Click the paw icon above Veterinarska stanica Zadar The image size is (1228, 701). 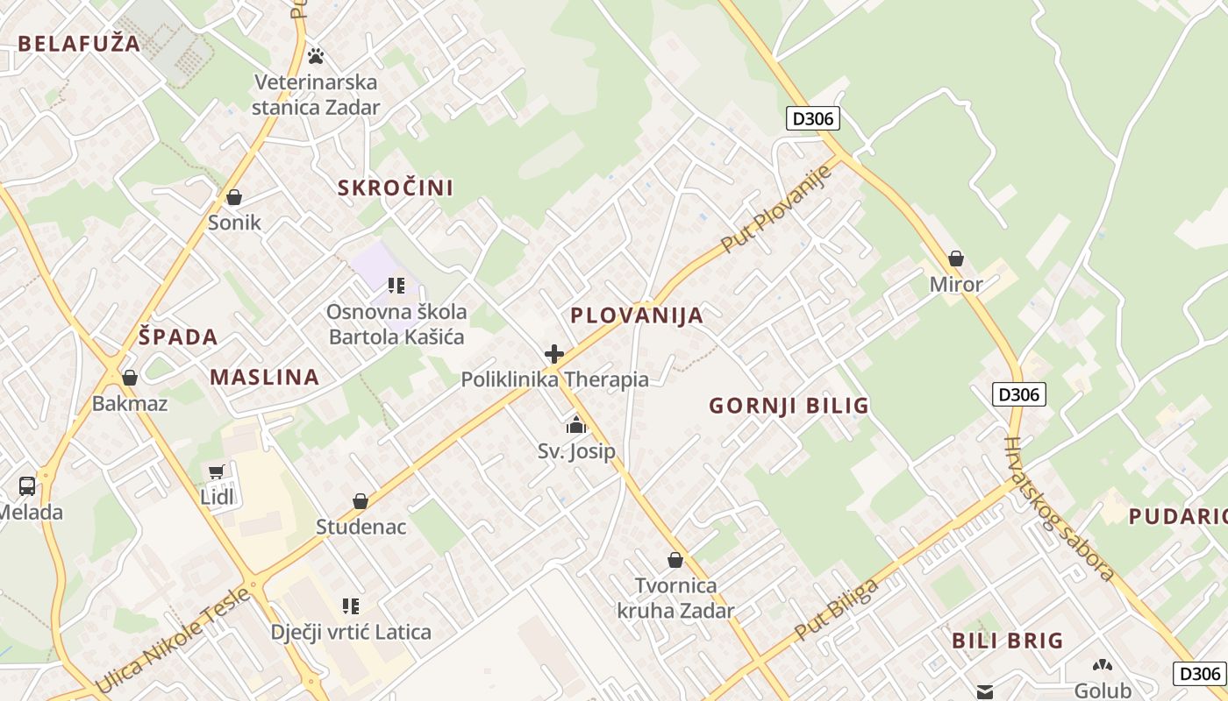pyautogui.click(x=316, y=56)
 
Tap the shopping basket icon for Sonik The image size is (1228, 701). pyautogui.click(x=234, y=197)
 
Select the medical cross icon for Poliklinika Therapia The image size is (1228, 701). pyautogui.click(x=554, y=354)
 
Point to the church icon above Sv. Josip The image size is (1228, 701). pyautogui.click(x=576, y=426)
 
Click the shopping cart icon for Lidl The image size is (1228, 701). pyautogui.click(x=217, y=472)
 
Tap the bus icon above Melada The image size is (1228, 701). pyautogui.click(x=27, y=486)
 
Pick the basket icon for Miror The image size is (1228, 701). pyautogui.click(x=956, y=258)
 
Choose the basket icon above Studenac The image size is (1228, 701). pyautogui.click(x=361, y=501)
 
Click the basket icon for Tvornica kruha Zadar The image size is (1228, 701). pyautogui.click(x=675, y=559)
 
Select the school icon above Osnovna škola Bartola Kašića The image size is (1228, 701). pyautogui.click(x=396, y=285)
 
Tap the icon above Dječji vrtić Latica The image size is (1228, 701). pyautogui.click(x=351, y=605)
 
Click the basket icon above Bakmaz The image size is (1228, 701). pyautogui.click(x=130, y=378)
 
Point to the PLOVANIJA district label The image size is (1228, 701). pyautogui.click(x=637, y=315)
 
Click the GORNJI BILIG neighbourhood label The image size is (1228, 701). pyautogui.click(x=789, y=406)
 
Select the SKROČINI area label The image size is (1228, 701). pyautogui.click(x=396, y=188)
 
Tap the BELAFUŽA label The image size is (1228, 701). pyautogui.click(x=78, y=44)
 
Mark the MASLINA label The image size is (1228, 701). pyautogui.click(x=264, y=378)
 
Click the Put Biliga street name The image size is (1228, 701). pyautogui.click(x=837, y=610)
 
